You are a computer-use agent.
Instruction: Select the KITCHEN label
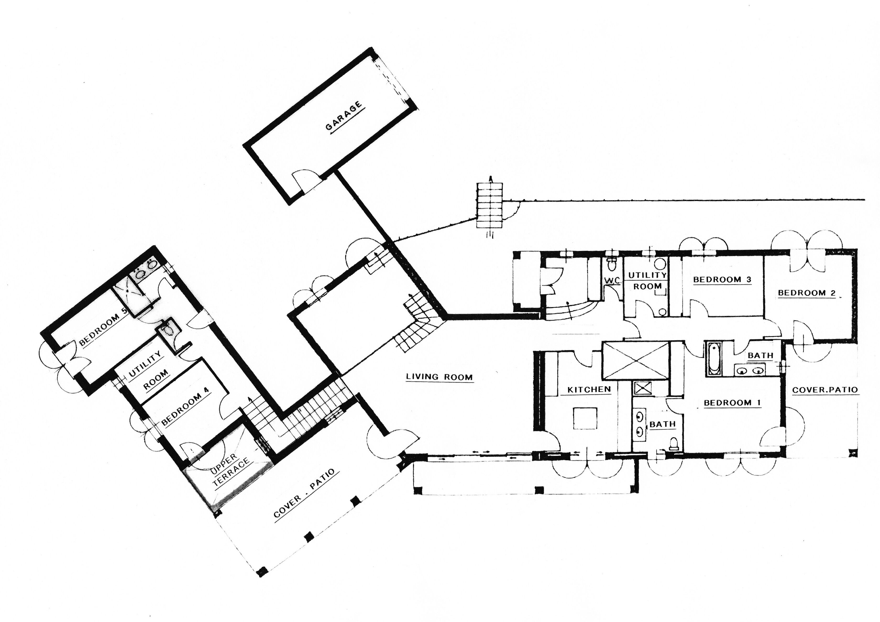point(589,390)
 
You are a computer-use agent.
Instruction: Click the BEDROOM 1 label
point(732,403)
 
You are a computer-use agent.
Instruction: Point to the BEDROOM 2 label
point(806,293)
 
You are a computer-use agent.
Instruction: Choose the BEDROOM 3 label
point(722,280)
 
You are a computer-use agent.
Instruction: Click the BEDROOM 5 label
point(103,326)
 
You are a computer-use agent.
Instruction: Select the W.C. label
point(612,281)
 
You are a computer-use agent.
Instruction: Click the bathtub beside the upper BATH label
point(713,358)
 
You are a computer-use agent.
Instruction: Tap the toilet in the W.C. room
point(612,264)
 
